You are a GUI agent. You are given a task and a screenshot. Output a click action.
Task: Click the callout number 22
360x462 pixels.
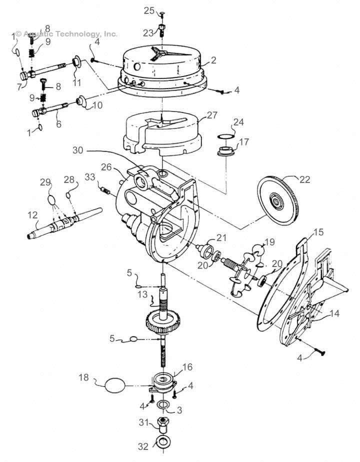pyautogui.click(x=304, y=180)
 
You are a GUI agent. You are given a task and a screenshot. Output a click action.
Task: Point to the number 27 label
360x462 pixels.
pyautogui.click(x=212, y=115)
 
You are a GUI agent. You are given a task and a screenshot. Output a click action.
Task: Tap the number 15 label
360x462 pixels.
pyautogui.click(x=318, y=233)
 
